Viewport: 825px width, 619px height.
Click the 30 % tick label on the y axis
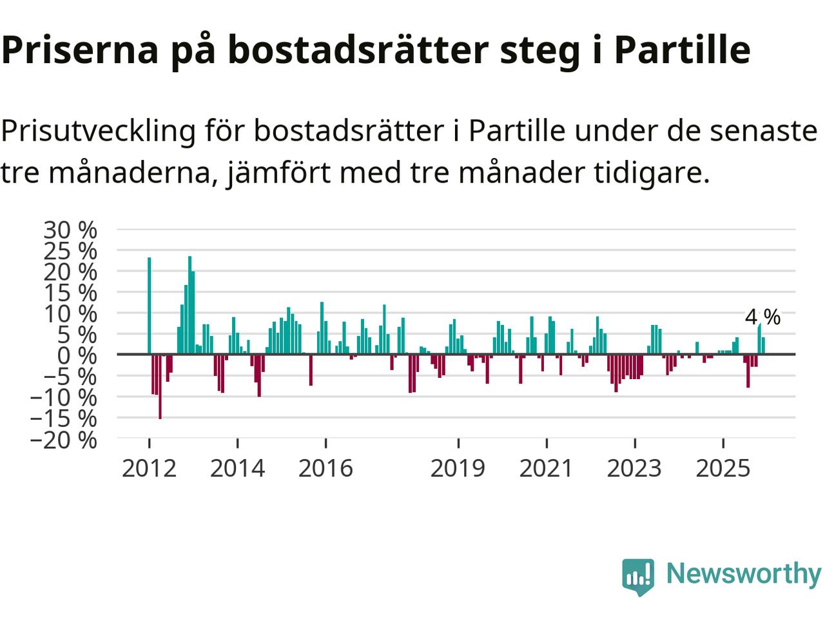pos(70,230)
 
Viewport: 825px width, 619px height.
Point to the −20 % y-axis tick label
pos(63,440)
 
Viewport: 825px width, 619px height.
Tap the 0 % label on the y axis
pos(76,355)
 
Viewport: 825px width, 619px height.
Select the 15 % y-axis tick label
pos(70,293)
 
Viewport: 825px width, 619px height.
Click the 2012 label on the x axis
pos(149,468)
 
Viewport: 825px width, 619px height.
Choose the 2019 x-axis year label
pos(458,468)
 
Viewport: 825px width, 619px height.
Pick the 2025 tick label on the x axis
pos(723,468)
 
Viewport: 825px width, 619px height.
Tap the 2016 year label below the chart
pos(325,468)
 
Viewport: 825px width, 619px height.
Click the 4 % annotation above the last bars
pos(762,317)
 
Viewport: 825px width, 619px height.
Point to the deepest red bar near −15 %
pos(160,386)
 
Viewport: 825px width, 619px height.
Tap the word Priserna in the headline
pos(80,50)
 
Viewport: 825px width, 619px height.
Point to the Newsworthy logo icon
pos(638,576)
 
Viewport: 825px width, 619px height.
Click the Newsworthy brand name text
pos(743,573)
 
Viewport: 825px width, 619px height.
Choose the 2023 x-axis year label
pos(634,468)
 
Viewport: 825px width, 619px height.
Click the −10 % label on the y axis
pos(63,397)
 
